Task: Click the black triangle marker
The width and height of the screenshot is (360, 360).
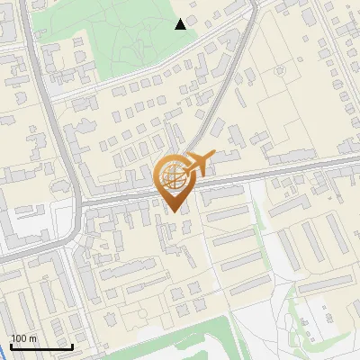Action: click(x=181, y=23)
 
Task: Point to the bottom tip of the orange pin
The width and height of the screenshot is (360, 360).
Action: click(x=171, y=211)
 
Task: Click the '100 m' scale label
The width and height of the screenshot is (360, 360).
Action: click(x=23, y=338)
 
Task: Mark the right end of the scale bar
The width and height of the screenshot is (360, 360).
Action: click(x=72, y=346)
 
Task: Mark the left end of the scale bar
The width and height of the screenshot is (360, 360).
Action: click(x=11, y=346)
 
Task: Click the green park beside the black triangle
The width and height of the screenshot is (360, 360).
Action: click(x=126, y=40)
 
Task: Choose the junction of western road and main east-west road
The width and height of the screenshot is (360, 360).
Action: click(x=79, y=200)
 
